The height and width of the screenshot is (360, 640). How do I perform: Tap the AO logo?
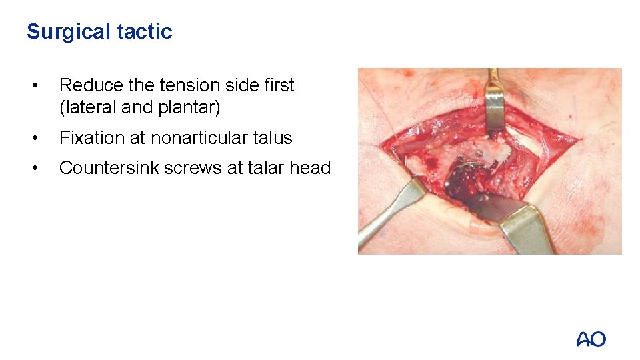[x=591, y=339]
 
